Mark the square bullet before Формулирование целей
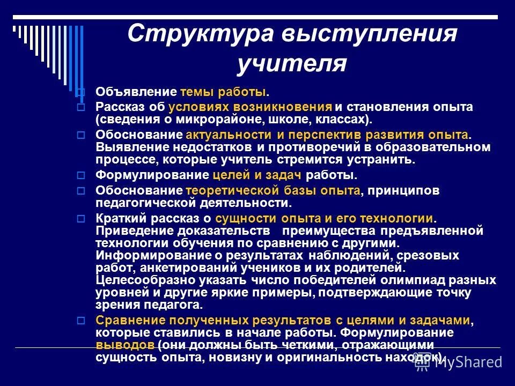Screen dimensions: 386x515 (x=81, y=175)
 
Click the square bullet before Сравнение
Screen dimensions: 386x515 (x=81, y=321)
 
